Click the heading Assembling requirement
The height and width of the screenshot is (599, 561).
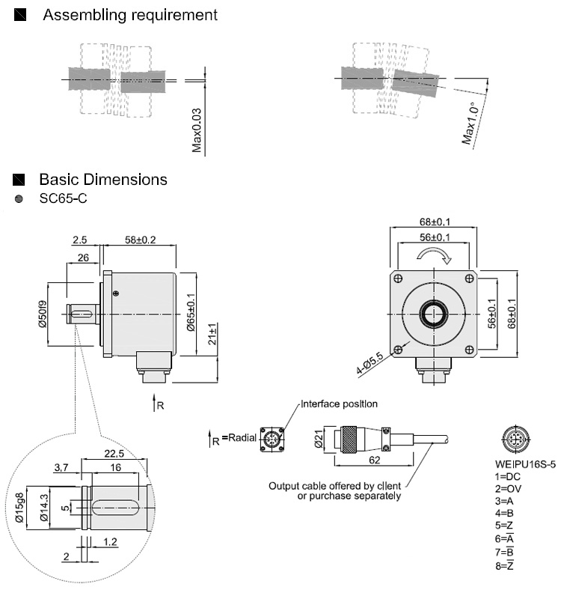[130, 15]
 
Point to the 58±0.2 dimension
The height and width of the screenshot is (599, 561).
[141, 240]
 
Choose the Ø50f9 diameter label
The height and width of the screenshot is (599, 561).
[43, 314]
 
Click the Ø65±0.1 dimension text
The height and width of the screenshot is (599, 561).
[191, 313]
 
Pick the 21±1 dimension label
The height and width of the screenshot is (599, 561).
[212, 338]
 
